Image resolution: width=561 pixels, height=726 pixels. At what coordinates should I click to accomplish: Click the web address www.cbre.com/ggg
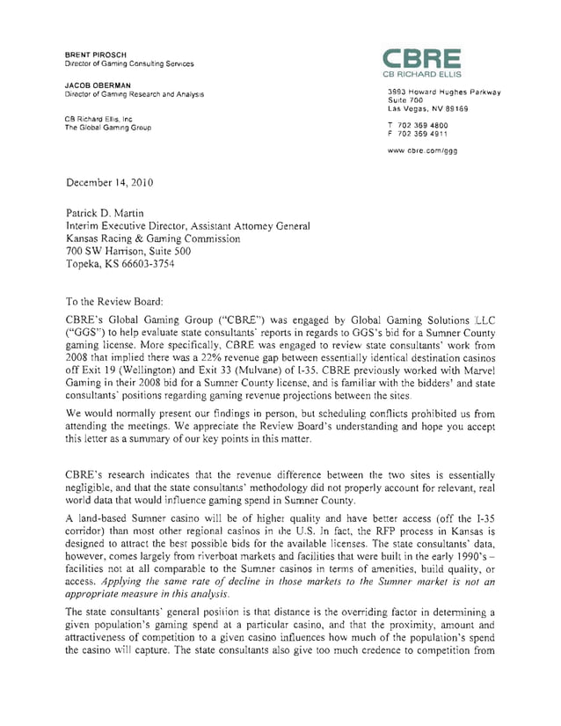(423, 150)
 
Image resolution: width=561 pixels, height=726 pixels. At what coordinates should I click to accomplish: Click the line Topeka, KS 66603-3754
(126, 263)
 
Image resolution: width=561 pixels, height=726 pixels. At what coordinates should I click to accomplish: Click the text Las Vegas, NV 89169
(427, 109)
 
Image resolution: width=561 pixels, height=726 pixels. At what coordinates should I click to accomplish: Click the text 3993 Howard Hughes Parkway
(444, 92)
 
